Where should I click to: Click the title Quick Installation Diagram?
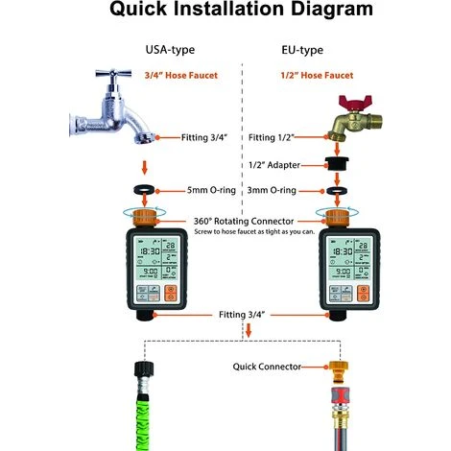[x=225, y=12]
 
